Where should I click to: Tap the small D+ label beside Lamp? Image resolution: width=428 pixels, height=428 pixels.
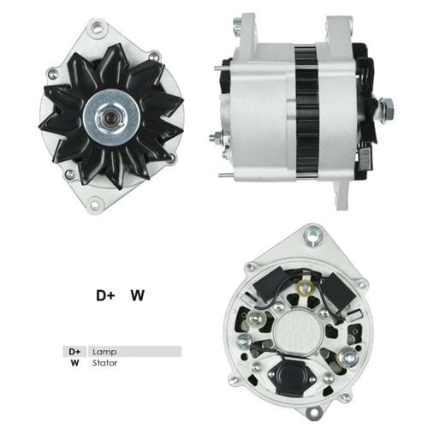74,351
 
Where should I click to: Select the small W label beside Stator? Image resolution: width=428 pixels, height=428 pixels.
74,363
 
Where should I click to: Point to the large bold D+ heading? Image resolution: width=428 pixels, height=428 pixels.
105,296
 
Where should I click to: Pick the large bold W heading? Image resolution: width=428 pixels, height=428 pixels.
137,296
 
